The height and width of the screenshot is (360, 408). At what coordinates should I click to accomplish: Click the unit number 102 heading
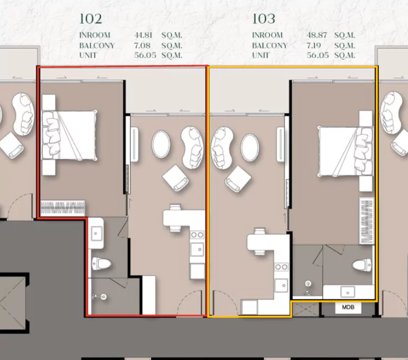point(90,19)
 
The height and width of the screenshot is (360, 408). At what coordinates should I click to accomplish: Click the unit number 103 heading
point(264,19)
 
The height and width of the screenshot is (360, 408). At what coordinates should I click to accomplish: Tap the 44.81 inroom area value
point(143,35)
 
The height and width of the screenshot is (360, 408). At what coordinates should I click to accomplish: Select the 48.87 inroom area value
point(317,35)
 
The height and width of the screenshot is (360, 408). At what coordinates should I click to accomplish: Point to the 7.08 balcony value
point(142,45)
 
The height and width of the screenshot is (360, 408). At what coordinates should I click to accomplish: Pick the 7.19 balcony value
point(314,45)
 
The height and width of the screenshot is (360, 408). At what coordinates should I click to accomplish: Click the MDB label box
point(348,308)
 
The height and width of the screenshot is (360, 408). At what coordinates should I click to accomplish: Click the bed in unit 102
point(69,135)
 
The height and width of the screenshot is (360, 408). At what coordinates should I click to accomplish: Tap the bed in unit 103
point(345,152)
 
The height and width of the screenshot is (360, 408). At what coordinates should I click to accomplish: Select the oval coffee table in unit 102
point(161,144)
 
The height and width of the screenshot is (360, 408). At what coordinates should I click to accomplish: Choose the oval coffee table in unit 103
point(249,147)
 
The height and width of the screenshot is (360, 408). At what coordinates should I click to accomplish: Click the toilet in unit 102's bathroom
point(101,264)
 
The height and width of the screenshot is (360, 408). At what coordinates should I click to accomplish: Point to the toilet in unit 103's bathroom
point(362,265)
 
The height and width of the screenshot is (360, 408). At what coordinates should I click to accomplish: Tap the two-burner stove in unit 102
point(197,235)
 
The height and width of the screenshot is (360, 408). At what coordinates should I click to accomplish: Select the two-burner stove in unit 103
point(282,267)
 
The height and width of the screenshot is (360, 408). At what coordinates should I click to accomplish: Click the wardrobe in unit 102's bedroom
point(63,208)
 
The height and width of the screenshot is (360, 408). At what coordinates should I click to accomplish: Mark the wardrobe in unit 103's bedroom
point(367,221)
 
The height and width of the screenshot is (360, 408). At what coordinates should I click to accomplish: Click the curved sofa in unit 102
point(192,147)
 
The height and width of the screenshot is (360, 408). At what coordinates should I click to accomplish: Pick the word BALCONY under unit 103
point(270,45)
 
